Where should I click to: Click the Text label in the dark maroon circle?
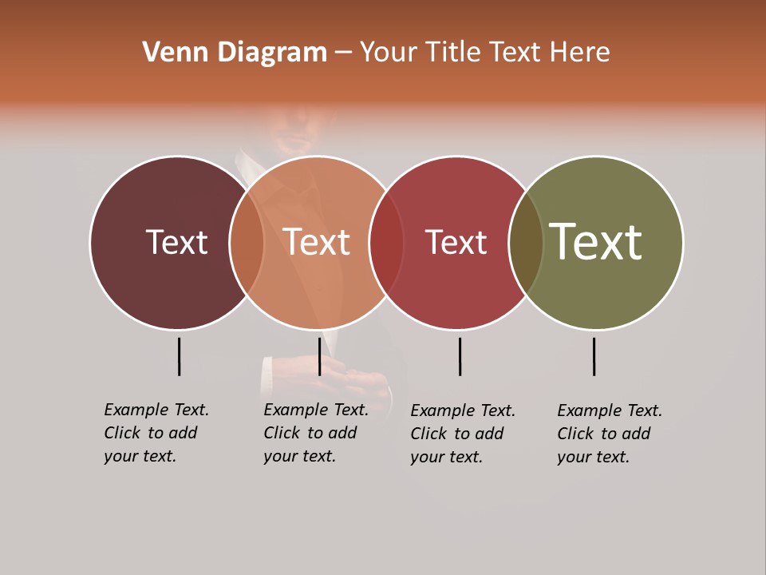[x=176, y=242]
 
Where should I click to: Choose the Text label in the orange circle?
[x=317, y=242]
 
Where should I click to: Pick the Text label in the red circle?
[x=456, y=242]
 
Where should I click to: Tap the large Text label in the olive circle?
[x=596, y=242]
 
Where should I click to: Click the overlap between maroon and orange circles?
[x=247, y=243]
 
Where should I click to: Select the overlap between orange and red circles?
[x=386, y=243]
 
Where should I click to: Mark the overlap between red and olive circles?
[x=526, y=243]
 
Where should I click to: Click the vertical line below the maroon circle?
[x=179, y=356]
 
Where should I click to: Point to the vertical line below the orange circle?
[x=319, y=356]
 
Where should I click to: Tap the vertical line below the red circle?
[x=460, y=356]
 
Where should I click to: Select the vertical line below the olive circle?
[x=594, y=356]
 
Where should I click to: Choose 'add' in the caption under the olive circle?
[x=635, y=434]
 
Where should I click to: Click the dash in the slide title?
[x=343, y=53]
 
